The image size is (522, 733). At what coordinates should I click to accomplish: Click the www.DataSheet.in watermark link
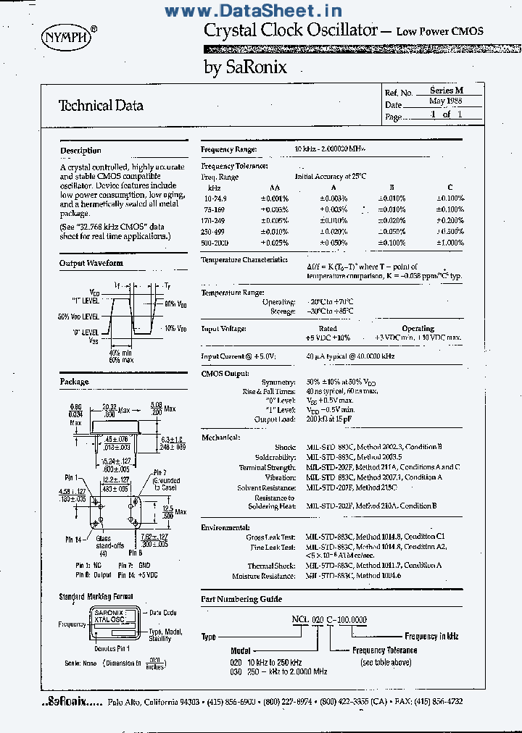coord(253,11)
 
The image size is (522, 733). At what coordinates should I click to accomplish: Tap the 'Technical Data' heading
coord(101,106)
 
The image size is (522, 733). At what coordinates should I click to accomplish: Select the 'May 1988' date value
coord(445,102)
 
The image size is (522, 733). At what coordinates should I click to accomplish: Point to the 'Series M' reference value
coord(446,91)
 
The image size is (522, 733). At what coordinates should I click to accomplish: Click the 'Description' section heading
coord(80,151)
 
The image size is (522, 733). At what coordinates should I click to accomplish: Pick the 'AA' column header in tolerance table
coord(274,187)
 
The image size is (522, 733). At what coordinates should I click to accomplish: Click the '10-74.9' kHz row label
coord(216,198)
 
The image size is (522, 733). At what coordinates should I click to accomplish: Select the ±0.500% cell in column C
coord(449,231)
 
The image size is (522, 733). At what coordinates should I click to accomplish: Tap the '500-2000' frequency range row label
coord(215,243)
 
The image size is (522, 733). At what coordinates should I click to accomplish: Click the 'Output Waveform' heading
coord(91,264)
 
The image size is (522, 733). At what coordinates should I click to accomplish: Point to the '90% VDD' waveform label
coord(175,305)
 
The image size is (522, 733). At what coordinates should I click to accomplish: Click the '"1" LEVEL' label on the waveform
coord(85,301)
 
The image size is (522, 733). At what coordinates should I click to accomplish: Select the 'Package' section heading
coord(74,382)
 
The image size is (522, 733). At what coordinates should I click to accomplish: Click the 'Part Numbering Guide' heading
coord(241,600)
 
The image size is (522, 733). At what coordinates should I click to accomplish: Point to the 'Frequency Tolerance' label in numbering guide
coord(385,650)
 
